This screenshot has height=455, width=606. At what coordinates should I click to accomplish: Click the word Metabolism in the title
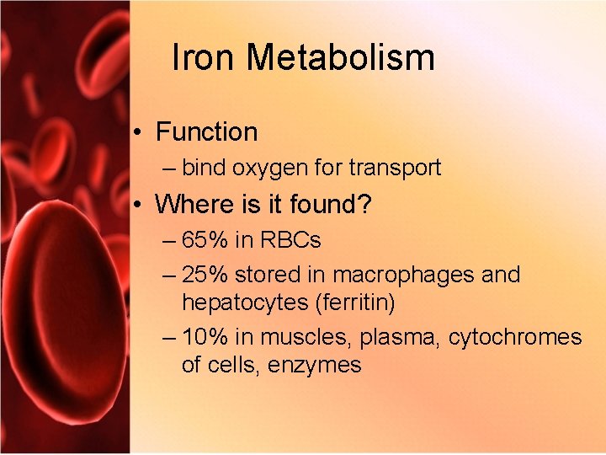point(341,58)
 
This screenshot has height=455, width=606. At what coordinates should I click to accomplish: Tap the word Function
point(207,132)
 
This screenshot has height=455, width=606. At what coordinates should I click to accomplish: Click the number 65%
point(206,240)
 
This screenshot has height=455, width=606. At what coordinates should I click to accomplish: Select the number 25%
point(206,275)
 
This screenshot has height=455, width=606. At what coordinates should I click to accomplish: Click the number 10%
point(206,337)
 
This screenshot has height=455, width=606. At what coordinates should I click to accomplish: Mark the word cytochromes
point(514,337)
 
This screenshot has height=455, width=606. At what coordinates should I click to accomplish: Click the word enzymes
point(314,365)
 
